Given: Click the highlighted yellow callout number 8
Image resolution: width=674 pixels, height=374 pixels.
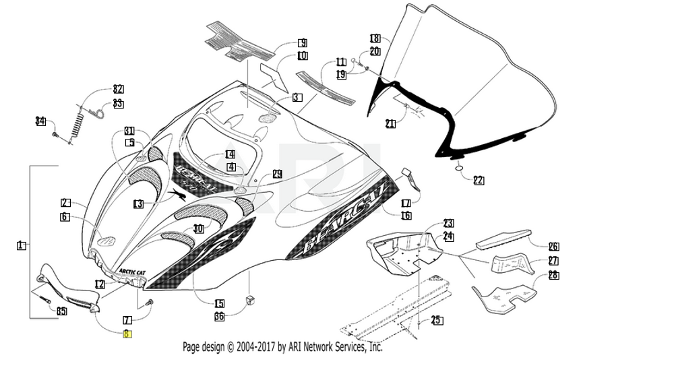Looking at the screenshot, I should coord(127,334).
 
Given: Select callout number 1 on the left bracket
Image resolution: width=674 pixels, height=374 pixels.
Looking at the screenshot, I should coord(21,246).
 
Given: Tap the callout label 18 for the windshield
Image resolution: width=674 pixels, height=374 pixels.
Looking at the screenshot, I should coord(375,38).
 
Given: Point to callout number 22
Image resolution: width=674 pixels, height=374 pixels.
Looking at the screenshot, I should coord(478,180).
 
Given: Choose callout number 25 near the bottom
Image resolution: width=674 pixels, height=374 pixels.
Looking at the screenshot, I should coord(437,320).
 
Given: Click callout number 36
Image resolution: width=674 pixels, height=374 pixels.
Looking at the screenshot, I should coord(219,316).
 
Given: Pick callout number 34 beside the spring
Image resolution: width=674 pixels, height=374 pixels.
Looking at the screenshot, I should coord(41,121).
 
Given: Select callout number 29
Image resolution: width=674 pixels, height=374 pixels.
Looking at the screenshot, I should coord(276,174).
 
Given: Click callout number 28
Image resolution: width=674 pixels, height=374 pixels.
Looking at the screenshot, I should coord(553,275).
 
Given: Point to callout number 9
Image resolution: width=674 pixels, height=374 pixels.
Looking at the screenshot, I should coord(302,43).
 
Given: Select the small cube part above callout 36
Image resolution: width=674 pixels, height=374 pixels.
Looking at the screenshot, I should coord(251,299).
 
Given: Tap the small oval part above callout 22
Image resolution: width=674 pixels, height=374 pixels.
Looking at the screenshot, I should coord(459,166).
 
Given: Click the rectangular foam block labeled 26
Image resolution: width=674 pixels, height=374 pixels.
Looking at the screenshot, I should coord(502,237).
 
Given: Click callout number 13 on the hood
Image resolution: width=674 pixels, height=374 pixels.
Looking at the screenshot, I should coord(138,204).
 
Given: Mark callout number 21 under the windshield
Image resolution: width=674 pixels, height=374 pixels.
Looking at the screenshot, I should coord(390,123).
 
